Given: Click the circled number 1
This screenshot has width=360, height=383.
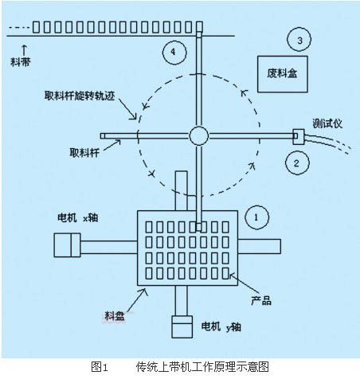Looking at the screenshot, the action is click(x=256, y=217).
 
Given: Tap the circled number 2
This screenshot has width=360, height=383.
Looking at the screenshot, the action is click(x=297, y=162).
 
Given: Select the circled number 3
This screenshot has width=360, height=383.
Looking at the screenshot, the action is click(x=299, y=39).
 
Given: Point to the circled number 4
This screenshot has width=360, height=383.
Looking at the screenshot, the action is click(x=174, y=52).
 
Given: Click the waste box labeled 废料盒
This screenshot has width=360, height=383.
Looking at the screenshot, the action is click(x=283, y=74).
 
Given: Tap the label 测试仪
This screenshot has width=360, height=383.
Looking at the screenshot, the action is click(x=327, y=124).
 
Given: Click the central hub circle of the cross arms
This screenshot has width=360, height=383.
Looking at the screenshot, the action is click(x=199, y=135).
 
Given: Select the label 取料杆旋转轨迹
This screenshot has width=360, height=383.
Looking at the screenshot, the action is click(x=80, y=96).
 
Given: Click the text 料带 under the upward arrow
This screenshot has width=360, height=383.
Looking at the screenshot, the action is click(x=21, y=62).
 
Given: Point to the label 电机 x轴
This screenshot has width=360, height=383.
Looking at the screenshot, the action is click(x=78, y=218).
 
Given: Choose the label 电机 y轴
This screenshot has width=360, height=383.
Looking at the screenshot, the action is click(x=221, y=326).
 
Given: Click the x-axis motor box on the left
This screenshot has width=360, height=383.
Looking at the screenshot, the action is click(x=67, y=245).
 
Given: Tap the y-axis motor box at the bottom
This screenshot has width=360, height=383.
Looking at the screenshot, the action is click(x=182, y=326).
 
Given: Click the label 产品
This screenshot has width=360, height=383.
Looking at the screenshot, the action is click(x=261, y=301).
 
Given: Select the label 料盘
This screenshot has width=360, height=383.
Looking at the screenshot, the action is click(x=115, y=316).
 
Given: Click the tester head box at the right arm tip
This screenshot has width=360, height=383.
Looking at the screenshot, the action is click(x=299, y=136).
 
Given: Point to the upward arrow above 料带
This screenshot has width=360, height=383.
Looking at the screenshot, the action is click(x=24, y=50).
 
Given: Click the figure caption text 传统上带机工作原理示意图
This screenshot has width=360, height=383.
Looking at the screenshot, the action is click(x=202, y=367).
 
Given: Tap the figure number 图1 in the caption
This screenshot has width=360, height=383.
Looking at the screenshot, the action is click(x=100, y=367).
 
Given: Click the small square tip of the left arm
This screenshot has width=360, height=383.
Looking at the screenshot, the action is click(x=103, y=136).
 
